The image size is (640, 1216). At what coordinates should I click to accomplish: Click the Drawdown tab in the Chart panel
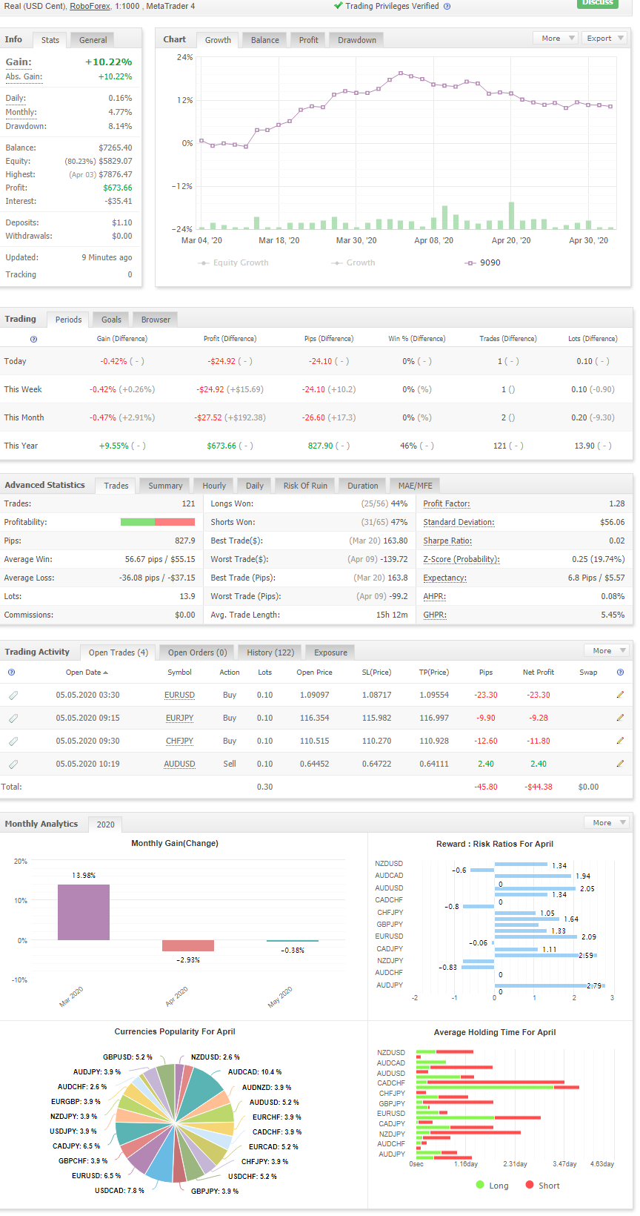[356, 40]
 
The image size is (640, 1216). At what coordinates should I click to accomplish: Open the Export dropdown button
[605, 38]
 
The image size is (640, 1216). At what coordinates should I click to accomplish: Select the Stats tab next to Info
[50, 40]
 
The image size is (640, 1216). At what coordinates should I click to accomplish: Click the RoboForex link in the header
[90, 6]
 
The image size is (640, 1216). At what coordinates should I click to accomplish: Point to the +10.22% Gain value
[108, 62]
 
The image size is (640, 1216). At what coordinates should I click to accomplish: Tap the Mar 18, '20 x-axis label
[279, 240]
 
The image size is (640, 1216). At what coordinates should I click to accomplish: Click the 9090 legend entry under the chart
[483, 262]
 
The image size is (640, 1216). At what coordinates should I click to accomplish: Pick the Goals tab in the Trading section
[111, 320]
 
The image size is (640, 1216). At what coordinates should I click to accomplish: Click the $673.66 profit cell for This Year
[221, 446]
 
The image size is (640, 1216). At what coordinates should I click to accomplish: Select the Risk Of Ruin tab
[305, 486]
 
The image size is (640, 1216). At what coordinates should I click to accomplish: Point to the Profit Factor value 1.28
[617, 503]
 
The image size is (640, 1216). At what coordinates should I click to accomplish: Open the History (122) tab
[270, 652]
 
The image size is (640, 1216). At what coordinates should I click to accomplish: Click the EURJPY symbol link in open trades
[179, 718]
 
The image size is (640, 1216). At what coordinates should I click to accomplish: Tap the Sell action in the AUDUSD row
[230, 764]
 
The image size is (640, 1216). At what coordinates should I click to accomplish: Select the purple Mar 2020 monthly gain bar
[84, 912]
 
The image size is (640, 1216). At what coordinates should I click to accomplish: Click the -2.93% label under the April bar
[188, 959]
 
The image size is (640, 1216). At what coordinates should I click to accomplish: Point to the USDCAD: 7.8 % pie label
[119, 1191]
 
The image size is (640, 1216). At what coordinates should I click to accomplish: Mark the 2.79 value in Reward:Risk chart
[594, 986]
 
